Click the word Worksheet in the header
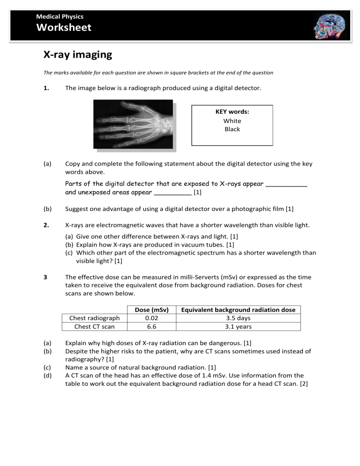[64, 28]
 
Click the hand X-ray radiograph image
[133, 125]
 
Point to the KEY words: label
[232, 112]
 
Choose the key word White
[232, 121]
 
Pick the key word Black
[232, 129]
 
